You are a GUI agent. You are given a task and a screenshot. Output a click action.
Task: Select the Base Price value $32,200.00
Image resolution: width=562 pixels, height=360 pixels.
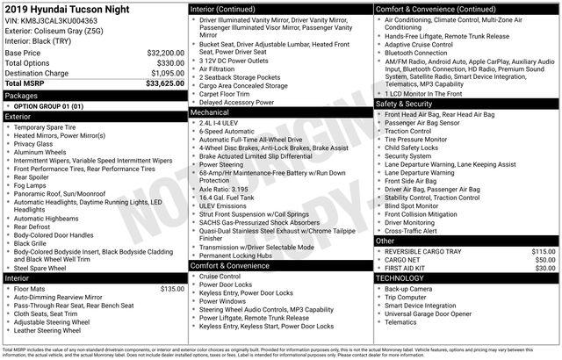tap(165, 53)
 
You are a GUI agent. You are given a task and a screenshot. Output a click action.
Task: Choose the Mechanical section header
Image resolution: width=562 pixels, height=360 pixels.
tap(210, 113)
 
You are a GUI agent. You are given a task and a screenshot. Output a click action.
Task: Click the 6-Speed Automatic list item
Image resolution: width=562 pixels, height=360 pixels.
tap(231, 132)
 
